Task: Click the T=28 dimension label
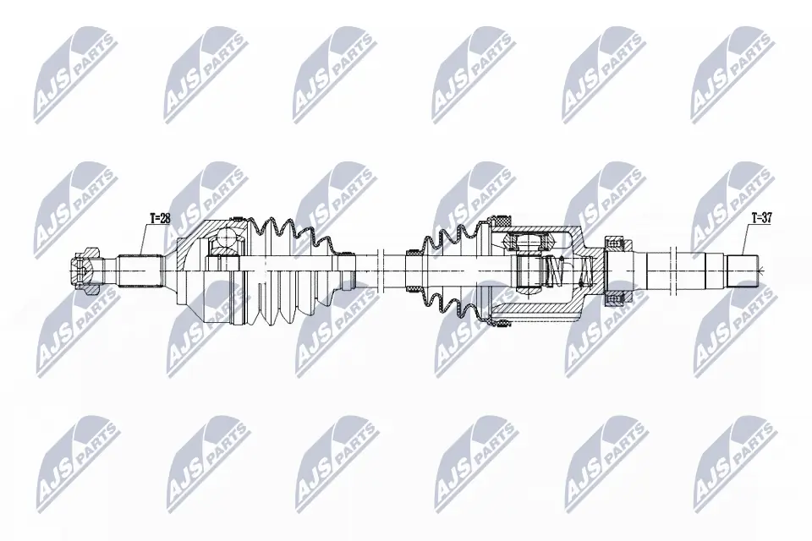[160, 218]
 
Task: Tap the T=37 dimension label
[763, 218]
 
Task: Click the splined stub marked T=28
[140, 271]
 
